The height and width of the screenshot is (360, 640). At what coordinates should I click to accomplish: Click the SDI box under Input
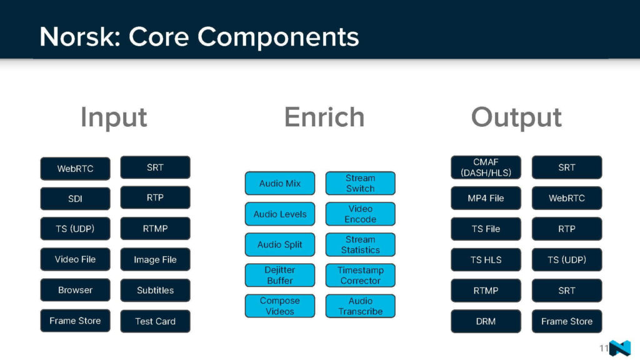[x=75, y=199]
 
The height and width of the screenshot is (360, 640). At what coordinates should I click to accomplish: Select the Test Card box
[x=155, y=321]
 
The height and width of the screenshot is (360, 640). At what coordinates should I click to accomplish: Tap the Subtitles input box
[x=155, y=291]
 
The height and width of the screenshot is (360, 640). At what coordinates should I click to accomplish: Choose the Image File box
[x=155, y=260]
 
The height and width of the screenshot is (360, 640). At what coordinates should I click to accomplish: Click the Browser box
[x=75, y=290]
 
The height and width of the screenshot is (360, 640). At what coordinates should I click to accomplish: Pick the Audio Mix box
[x=280, y=183]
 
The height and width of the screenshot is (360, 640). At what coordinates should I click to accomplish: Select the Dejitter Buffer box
[x=280, y=275]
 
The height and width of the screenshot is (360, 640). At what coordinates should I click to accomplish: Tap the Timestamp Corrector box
[x=361, y=275]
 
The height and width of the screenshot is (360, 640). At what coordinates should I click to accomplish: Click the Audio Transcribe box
[x=361, y=306]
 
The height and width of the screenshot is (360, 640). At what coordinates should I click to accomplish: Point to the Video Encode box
[x=361, y=214]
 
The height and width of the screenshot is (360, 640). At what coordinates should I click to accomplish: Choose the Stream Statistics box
[x=361, y=244]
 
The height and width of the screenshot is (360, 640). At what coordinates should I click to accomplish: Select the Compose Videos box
[x=280, y=306]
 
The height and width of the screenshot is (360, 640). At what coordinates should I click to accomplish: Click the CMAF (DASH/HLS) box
[x=486, y=167]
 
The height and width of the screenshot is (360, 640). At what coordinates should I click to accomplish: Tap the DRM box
[x=486, y=321]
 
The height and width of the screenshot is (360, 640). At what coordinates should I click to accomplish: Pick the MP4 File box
[x=486, y=198]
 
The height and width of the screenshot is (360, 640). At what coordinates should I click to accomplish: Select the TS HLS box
[x=486, y=259]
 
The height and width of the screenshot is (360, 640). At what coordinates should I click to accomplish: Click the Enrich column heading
[x=324, y=117]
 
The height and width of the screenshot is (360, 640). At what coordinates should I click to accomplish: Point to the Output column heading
[x=516, y=117]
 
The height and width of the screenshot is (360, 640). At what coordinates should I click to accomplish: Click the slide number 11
[x=604, y=348]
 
